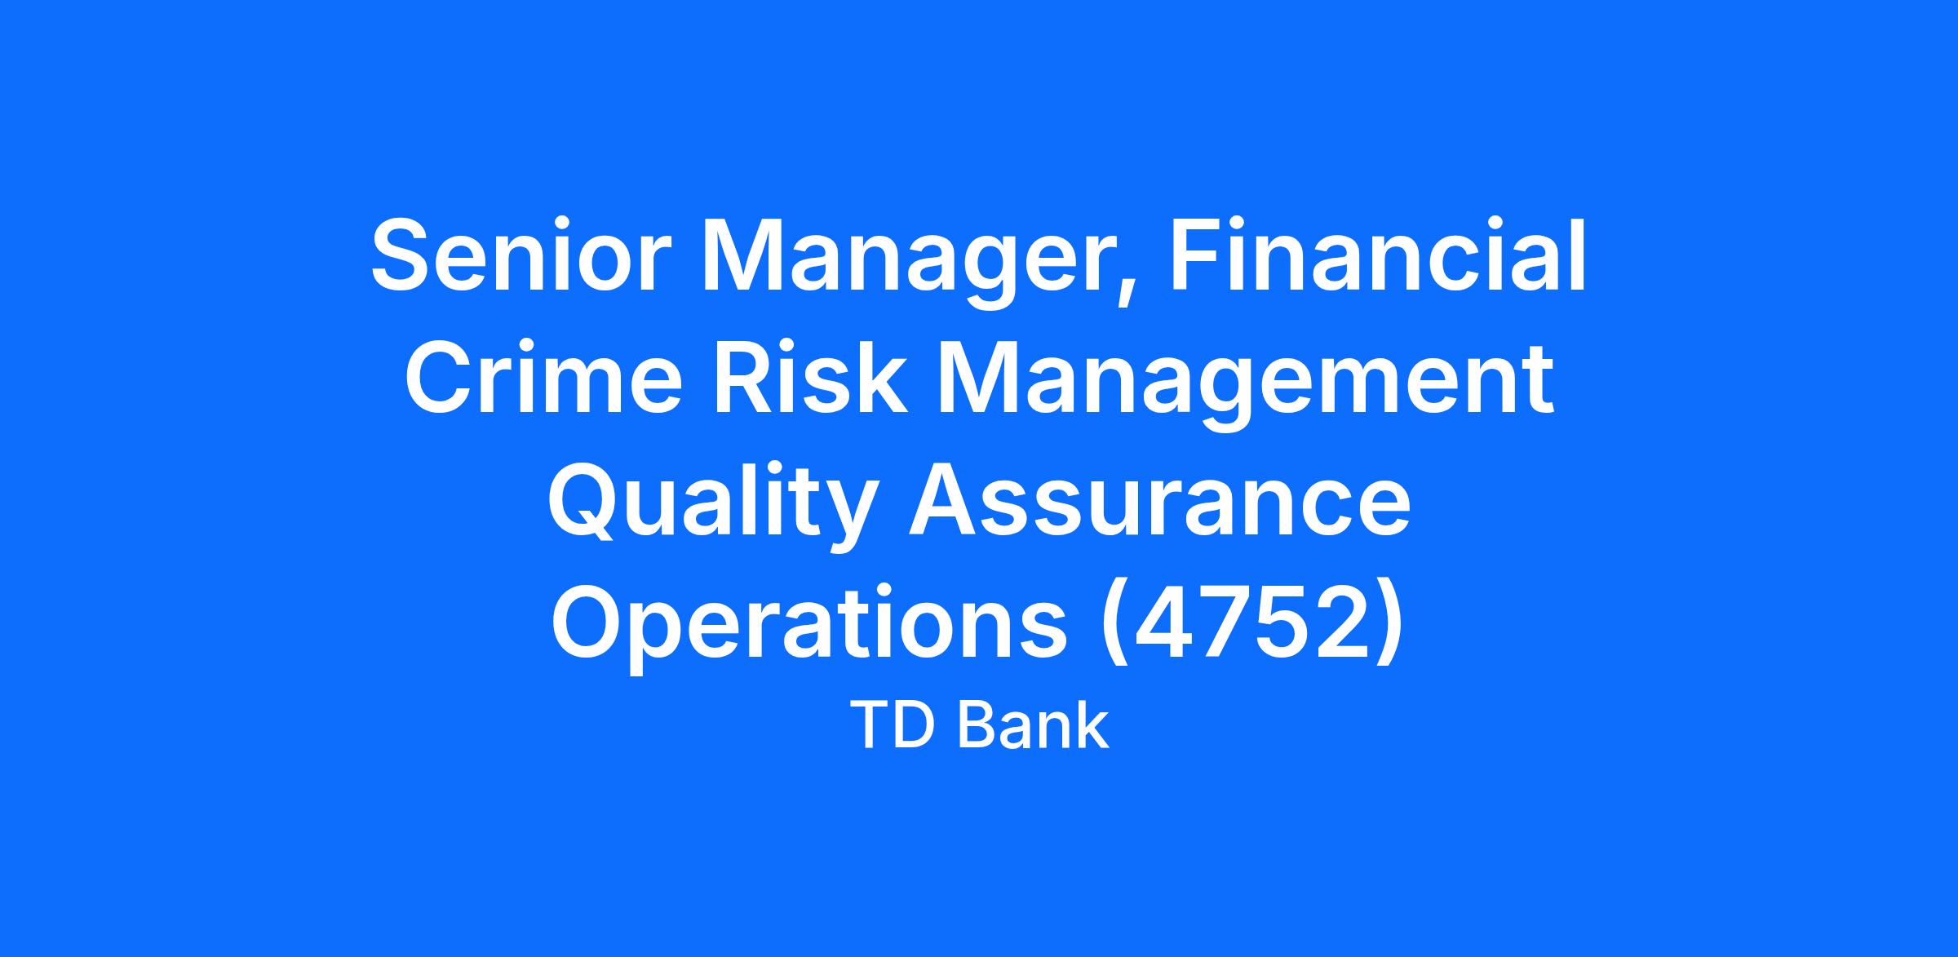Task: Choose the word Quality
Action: click(x=714, y=506)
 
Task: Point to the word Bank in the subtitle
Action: click(x=1034, y=726)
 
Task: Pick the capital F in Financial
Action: click(x=1198, y=255)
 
